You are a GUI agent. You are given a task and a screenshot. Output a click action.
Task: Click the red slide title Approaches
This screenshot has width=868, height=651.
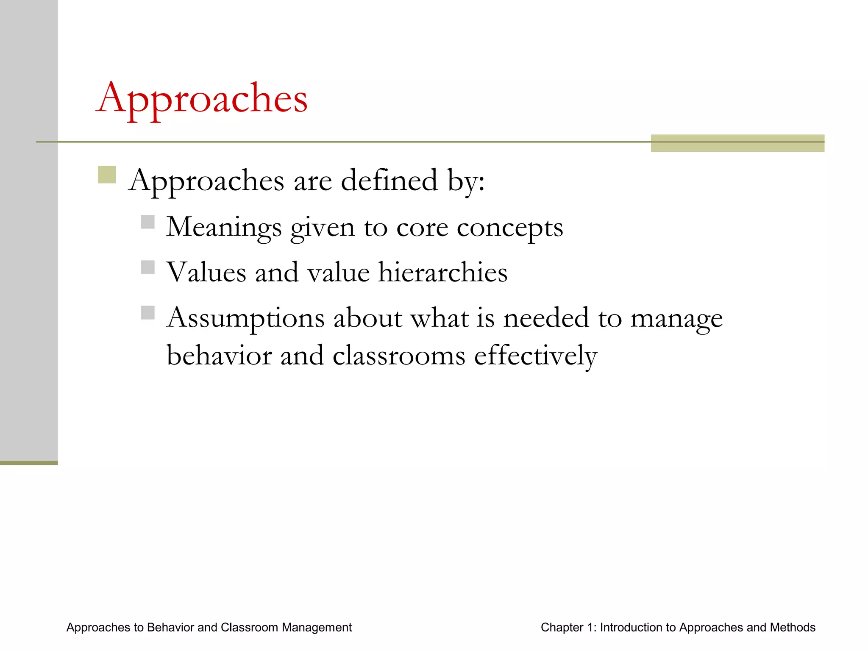(202, 98)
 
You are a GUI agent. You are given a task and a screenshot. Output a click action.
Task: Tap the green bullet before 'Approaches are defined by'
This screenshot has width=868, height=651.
(107, 175)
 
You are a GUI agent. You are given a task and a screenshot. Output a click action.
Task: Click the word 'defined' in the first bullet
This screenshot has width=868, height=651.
(389, 181)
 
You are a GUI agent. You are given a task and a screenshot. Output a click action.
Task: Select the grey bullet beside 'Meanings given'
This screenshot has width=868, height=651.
(147, 222)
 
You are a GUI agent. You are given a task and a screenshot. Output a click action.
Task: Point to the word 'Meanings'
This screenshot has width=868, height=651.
(224, 227)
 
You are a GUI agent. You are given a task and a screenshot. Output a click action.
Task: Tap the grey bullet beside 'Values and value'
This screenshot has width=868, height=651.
(147, 267)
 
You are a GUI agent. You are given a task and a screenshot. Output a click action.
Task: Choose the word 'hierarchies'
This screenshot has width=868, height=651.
(442, 272)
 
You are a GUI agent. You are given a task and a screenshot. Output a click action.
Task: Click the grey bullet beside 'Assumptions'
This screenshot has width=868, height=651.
(147, 313)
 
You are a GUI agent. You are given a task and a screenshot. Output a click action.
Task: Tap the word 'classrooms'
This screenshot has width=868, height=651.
(399, 355)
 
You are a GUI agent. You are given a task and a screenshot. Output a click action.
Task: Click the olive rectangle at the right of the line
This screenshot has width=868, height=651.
(737, 143)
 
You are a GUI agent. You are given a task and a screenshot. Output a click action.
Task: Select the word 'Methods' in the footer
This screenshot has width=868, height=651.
(793, 627)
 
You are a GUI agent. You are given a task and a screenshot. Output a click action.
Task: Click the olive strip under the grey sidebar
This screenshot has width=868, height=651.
(29, 463)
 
